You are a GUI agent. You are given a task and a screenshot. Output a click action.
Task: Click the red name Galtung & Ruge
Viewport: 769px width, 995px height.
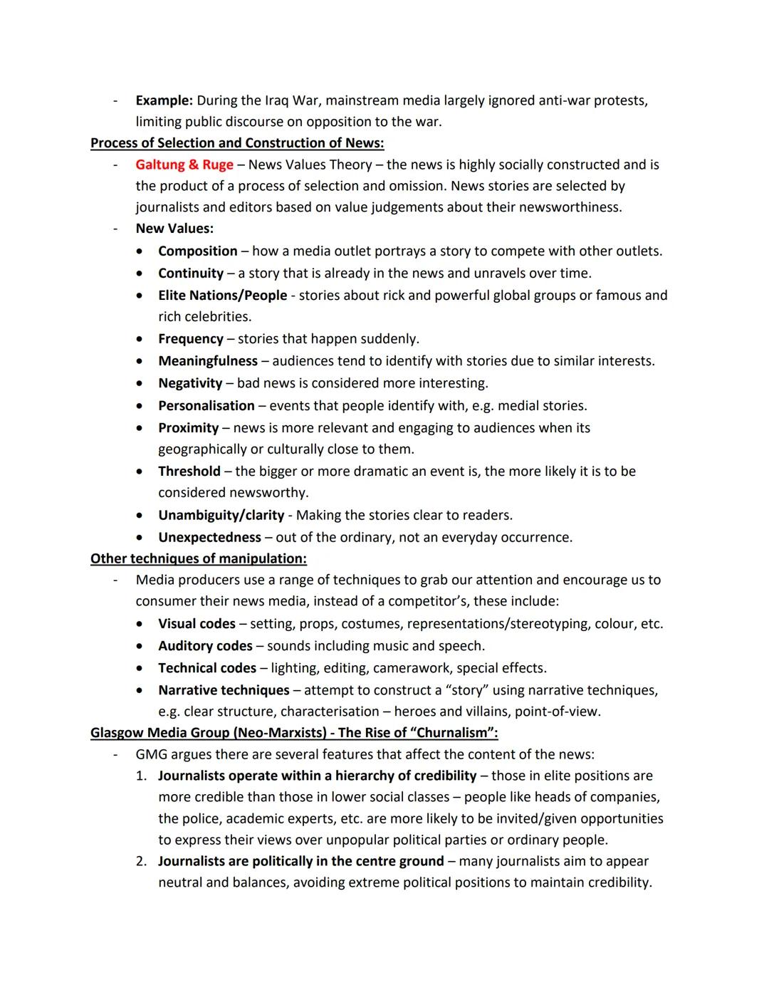click(184, 165)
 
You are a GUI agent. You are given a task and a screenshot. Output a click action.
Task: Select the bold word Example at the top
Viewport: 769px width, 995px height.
click(164, 100)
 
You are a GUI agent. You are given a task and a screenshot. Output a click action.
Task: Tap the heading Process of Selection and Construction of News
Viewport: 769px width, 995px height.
click(237, 143)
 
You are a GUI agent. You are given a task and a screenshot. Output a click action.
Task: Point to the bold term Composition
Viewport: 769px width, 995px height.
click(198, 251)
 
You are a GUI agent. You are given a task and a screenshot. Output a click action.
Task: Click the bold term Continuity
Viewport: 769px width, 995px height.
click(191, 273)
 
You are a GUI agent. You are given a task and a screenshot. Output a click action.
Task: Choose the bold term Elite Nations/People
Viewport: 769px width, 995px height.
click(222, 295)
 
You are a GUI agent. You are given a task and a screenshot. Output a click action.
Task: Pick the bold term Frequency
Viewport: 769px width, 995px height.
click(191, 338)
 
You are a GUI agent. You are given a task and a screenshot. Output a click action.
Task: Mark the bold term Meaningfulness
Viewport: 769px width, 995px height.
click(208, 360)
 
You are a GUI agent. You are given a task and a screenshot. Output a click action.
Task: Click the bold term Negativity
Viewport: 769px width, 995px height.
click(190, 382)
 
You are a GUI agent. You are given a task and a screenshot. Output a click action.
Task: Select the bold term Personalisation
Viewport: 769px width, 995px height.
click(206, 405)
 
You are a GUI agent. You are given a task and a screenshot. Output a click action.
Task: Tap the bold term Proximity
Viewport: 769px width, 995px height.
click(188, 427)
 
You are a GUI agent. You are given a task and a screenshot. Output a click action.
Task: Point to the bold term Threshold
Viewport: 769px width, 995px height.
click(189, 471)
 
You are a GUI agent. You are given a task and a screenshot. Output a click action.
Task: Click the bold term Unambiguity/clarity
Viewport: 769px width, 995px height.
click(221, 515)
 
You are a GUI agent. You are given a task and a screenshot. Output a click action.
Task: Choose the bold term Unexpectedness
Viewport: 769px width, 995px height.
click(209, 537)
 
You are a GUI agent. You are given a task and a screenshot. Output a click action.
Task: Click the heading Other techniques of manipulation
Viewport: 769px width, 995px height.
click(199, 558)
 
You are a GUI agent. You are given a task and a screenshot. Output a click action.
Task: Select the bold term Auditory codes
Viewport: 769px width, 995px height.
click(205, 646)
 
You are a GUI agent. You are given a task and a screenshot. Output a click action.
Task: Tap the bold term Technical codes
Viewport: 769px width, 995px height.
click(207, 668)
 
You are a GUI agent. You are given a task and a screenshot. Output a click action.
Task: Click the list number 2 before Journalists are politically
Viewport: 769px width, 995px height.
click(141, 861)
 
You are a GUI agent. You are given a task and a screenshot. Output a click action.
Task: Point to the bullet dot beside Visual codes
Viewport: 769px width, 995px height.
click(143, 624)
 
